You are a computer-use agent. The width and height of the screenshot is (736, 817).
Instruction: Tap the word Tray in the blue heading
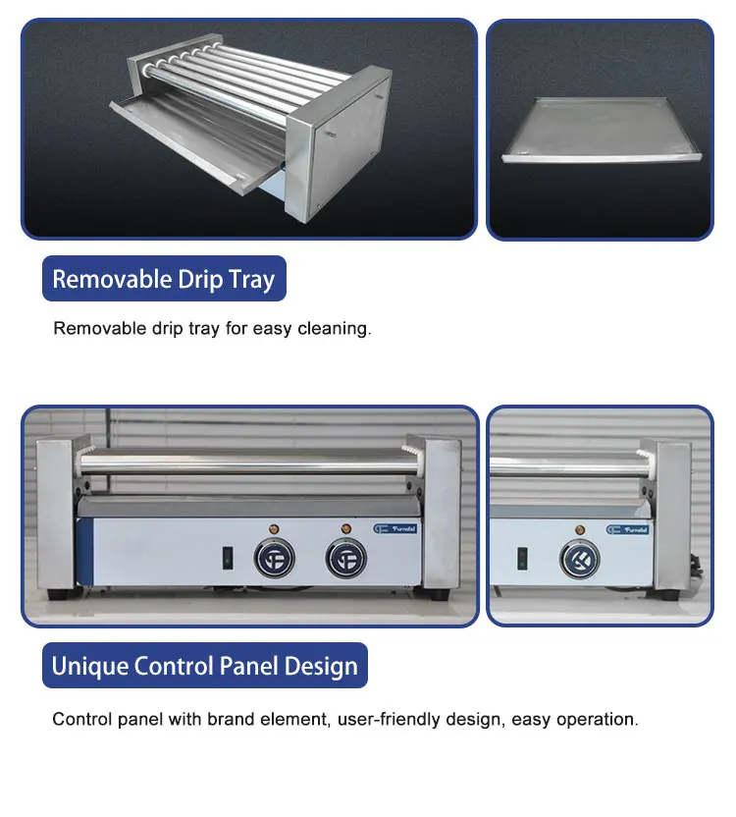(251, 280)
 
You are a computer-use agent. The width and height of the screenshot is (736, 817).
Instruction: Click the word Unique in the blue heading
(87, 667)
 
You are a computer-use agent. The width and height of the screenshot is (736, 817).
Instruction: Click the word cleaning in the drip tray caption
(338, 328)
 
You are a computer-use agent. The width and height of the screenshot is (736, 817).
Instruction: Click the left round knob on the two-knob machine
(271, 559)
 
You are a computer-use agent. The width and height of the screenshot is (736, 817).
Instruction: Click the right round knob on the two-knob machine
(344, 559)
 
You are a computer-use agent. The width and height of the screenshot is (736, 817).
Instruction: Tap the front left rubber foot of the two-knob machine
(55, 594)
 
